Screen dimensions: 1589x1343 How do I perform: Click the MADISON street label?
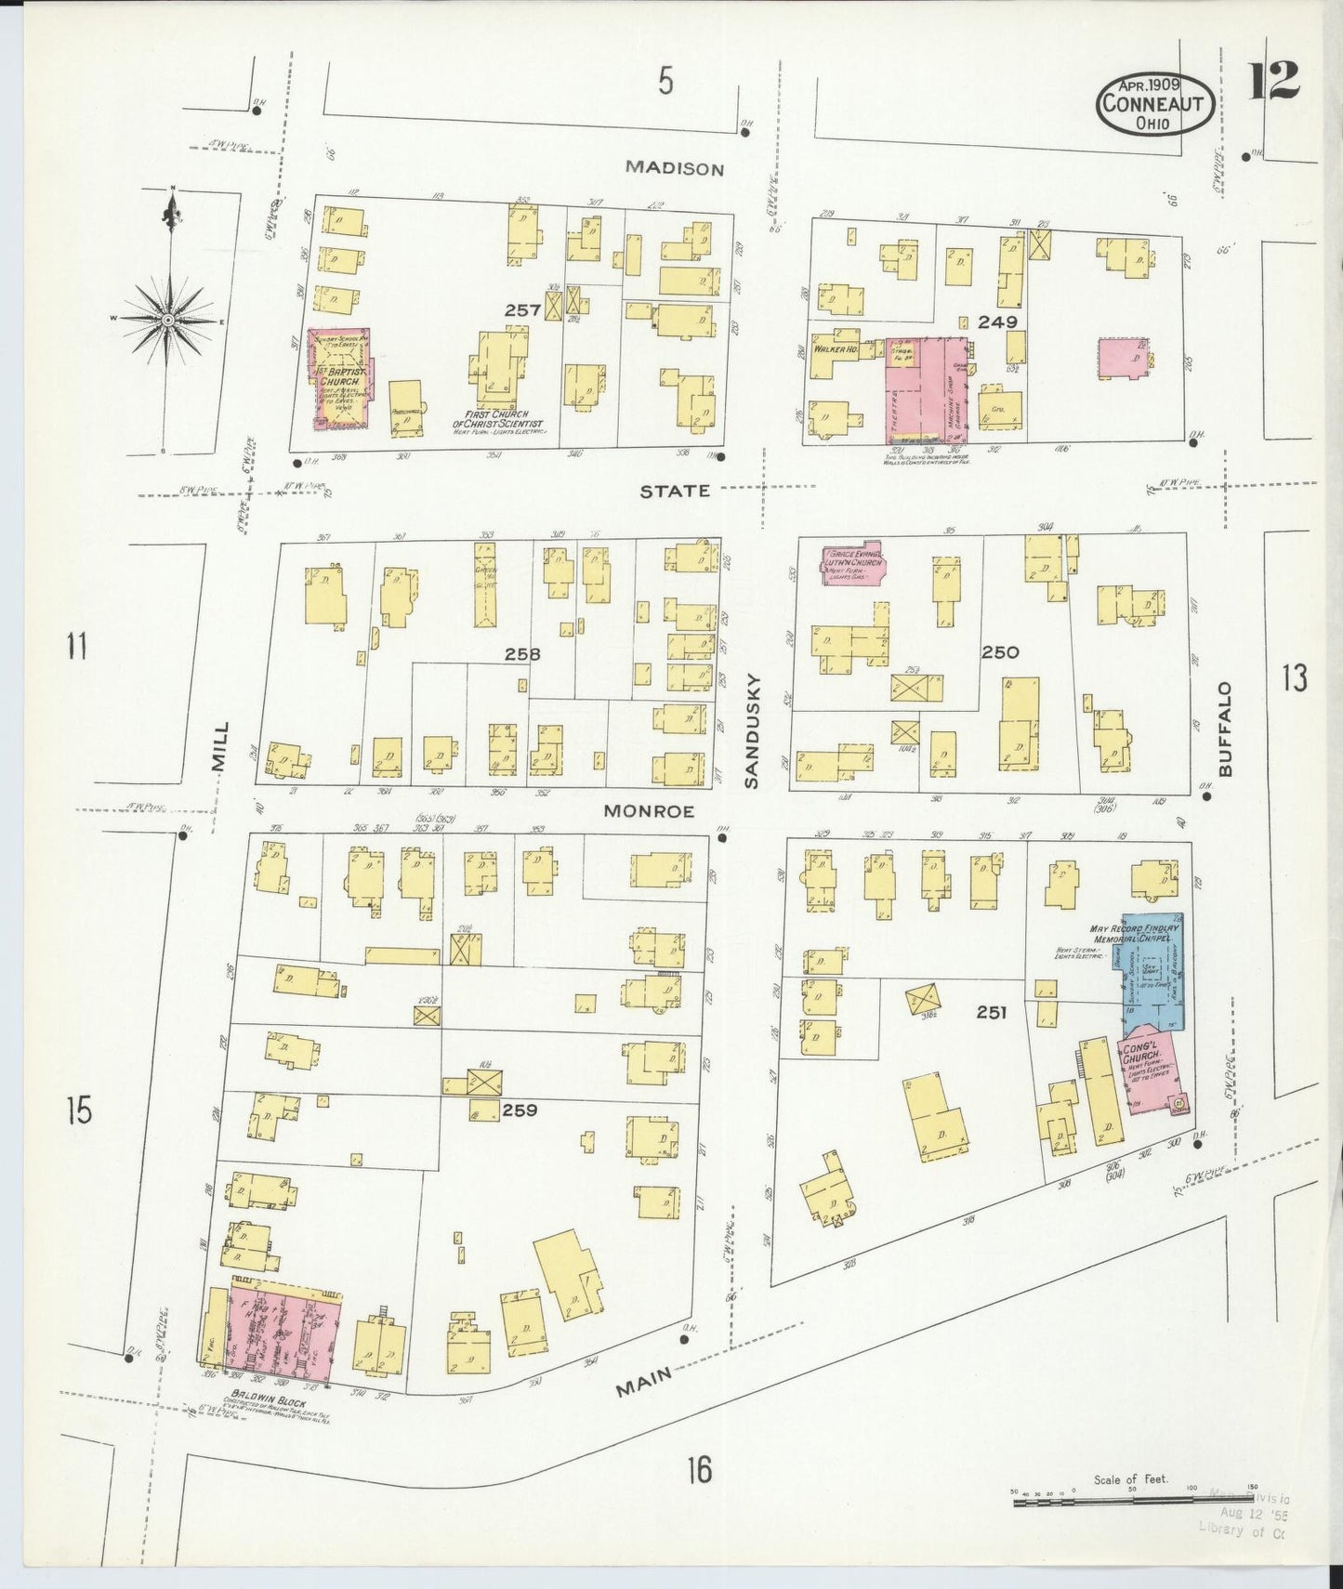(674, 168)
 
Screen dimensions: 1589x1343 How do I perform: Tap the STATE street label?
(675, 491)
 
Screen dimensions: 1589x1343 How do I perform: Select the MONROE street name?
(649, 811)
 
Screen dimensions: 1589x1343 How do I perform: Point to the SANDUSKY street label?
(752, 731)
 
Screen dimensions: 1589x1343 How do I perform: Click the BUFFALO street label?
(1225, 729)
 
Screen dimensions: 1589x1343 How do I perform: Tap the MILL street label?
(219, 746)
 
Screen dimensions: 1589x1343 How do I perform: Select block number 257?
(522, 310)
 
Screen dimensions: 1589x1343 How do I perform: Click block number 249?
(998, 322)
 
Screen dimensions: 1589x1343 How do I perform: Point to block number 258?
(522, 654)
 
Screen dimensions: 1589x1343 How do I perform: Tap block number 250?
(1000, 652)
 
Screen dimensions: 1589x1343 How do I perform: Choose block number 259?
(519, 1110)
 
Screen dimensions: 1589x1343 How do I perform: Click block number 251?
(991, 1013)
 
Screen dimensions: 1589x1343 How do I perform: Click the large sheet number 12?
(1272, 81)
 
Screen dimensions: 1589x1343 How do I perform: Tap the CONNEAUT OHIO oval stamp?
(1155, 104)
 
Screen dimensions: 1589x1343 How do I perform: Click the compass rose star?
(168, 320)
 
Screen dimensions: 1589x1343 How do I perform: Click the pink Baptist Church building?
(338, 379)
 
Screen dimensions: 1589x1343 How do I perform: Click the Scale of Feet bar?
(1134, 1498)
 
